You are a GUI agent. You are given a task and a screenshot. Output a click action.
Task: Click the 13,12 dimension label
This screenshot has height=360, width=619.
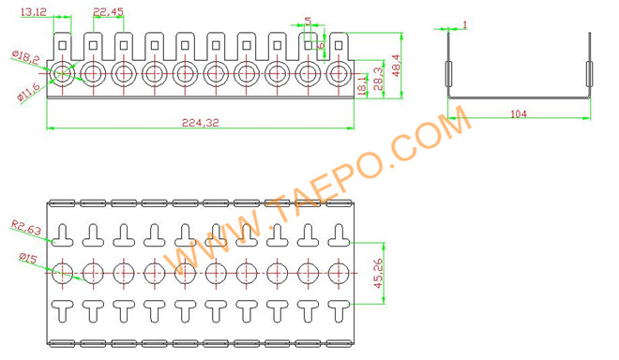point(31,10)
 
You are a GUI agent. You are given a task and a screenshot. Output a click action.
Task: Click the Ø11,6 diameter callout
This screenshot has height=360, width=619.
point(27,92)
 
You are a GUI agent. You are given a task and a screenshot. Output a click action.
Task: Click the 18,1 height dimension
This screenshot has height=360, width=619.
point(363,87)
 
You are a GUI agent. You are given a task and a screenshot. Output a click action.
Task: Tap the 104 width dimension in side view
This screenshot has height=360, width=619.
point(519,113)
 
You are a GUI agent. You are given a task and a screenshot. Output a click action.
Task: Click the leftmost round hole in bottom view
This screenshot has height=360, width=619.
point(63,272)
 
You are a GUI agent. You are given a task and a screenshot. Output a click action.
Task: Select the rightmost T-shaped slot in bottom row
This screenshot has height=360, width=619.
point(337,307)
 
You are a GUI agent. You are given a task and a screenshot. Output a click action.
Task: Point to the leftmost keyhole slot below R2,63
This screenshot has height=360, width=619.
point(63,232)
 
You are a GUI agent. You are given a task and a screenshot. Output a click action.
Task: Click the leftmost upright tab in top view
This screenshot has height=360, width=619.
point(63,44)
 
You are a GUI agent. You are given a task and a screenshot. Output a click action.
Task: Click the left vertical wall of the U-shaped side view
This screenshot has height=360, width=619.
point(446,66)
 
